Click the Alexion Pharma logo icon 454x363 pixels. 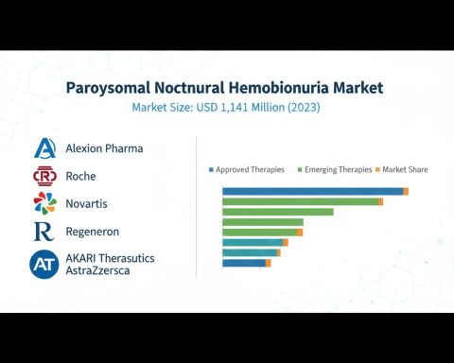pos(44,148)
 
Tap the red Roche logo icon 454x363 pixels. pos(44,176)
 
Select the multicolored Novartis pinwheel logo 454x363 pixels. pos(44,203)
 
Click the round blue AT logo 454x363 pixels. pos(44,264)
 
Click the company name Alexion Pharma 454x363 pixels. pos(105,148)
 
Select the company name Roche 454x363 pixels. pos(80,176)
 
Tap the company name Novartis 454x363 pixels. pos(88,203)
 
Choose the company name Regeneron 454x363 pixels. pos(94,232)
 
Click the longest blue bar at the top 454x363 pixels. pos(312,191)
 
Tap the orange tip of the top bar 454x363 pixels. pos(406,191)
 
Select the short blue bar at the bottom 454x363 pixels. pos(244,263)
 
